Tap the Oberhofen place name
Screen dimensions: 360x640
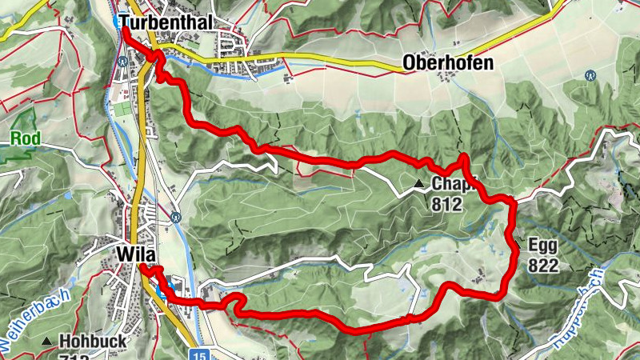(x=448, y=63)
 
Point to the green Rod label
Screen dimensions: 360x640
(x=26, y=138)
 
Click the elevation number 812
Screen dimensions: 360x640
(x=446, y=204)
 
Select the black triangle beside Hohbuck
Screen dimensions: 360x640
(x=46, y=342)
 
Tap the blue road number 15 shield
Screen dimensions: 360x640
(x=199, y=353)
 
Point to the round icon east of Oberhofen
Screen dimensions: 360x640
(x=590, y=75)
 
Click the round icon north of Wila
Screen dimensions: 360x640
(x=175, y=216)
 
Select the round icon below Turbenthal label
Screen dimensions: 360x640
(x=122, y=60)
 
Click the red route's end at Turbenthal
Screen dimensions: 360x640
(x=124, y=30)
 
